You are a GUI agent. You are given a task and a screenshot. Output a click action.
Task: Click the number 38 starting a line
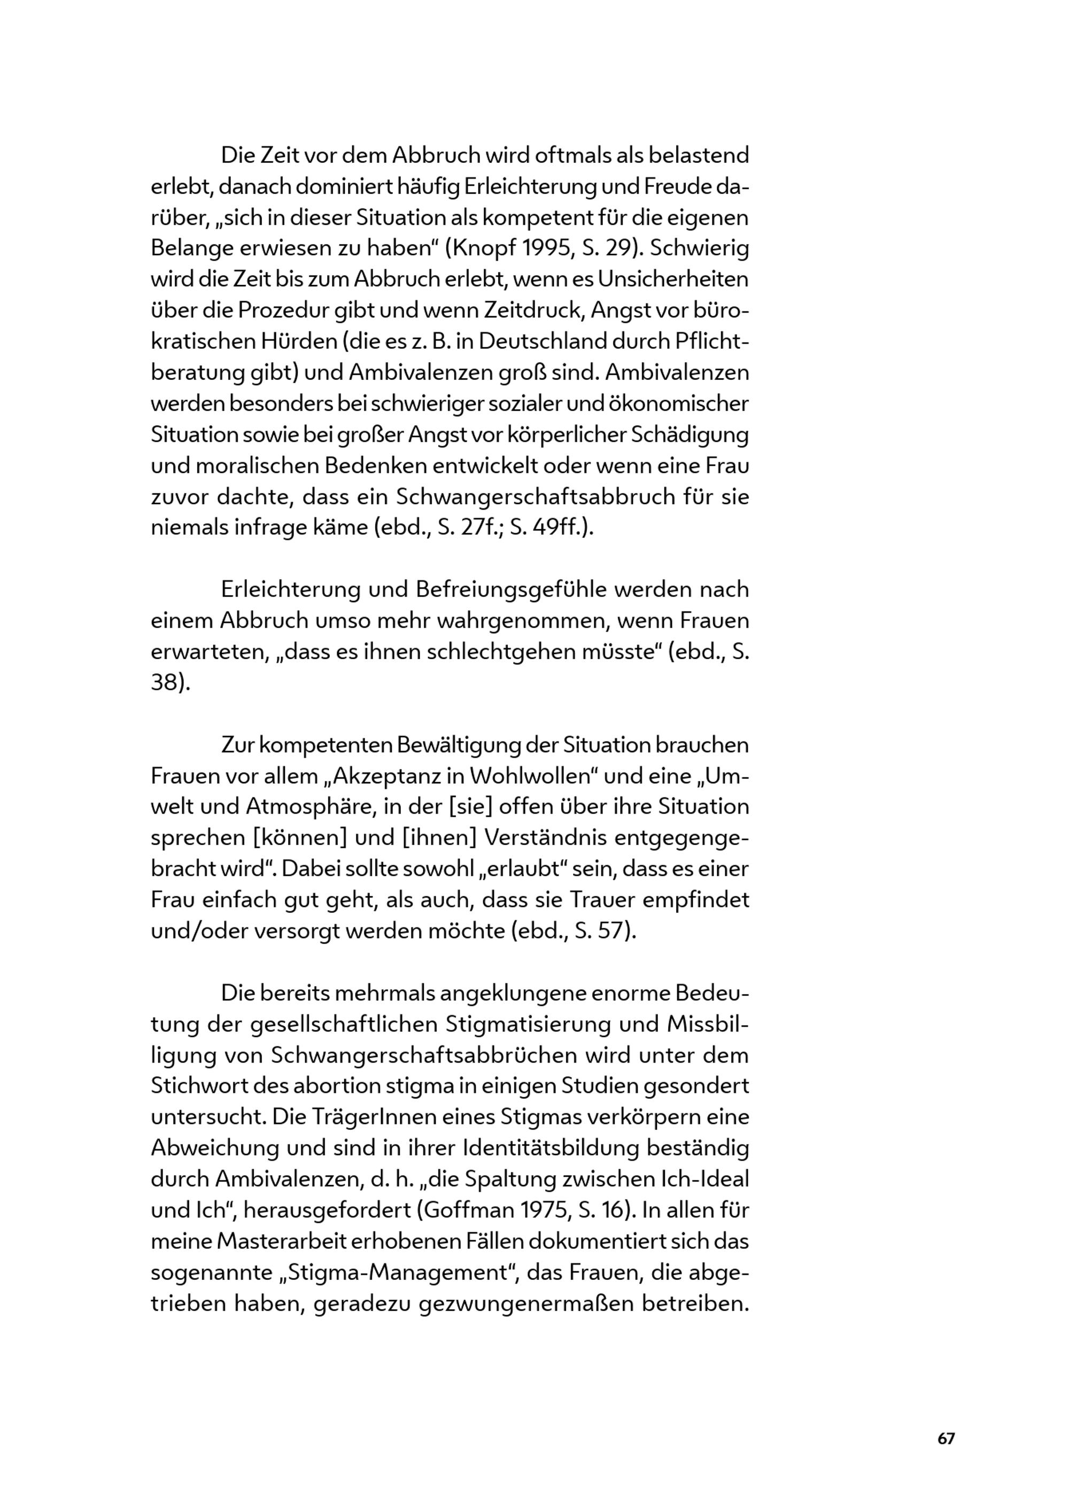tap(165, 682)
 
